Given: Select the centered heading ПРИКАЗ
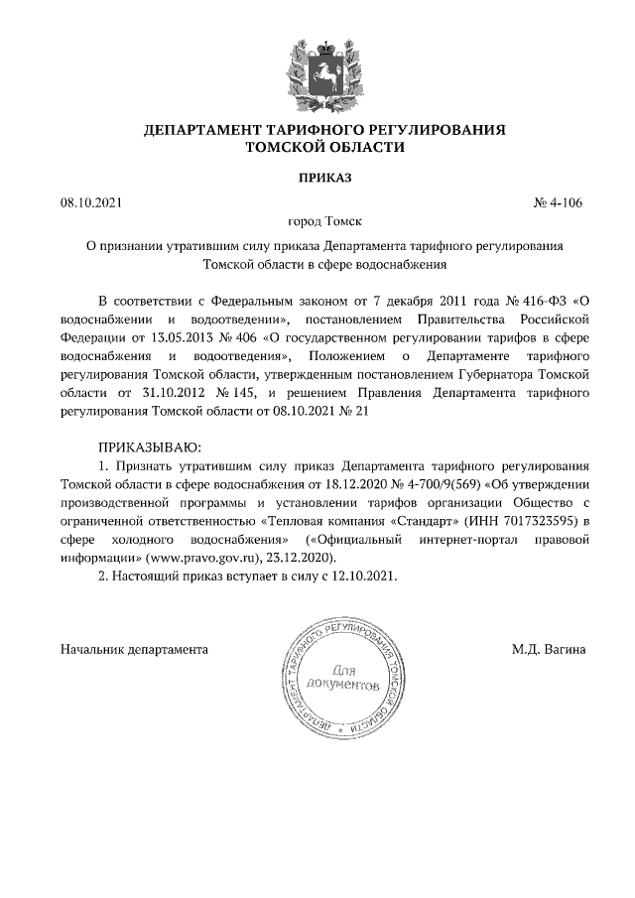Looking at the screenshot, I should (317, 179).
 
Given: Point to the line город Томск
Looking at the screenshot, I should (317, 223).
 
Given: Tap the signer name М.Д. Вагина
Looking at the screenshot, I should (549, 649).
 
